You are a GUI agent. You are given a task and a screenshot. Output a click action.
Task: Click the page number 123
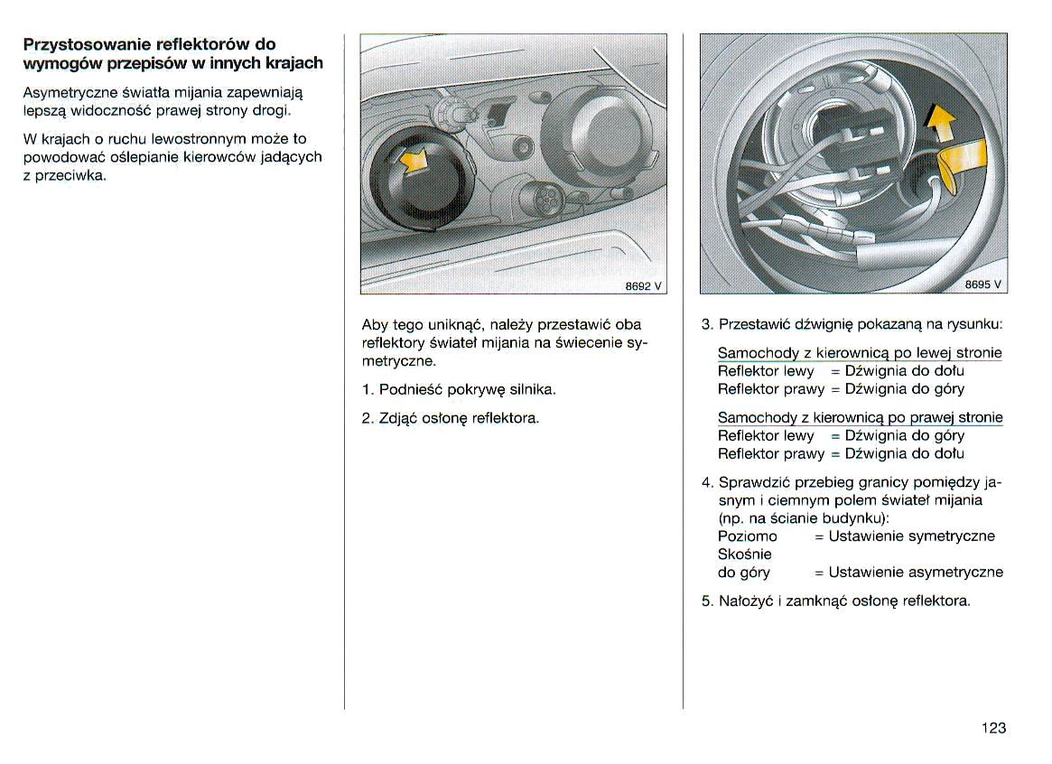click(993, 728)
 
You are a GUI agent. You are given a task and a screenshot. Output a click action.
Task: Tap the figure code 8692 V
click(643, 285)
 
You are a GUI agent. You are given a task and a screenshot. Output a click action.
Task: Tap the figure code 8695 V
click(982, 284)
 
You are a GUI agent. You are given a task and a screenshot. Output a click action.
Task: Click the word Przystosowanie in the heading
click(86, 44)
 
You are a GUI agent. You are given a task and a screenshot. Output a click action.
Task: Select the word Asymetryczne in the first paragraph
click(67, 92)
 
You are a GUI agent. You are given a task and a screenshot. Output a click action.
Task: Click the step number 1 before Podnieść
click(367, 390)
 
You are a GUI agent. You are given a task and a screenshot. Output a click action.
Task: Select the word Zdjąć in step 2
click(399, 418)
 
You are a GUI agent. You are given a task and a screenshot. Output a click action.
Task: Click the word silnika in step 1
click(532, 390)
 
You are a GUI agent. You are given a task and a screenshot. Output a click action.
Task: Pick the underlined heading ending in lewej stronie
click(859, 353)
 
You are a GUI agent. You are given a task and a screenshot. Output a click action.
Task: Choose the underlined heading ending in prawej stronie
click(859, 417)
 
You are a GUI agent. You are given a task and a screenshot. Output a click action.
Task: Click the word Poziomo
click(747, 536)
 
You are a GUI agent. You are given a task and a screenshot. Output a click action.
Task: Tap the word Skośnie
click(744, 554)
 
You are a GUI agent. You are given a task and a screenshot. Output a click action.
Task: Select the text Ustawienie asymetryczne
click(915, 573)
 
